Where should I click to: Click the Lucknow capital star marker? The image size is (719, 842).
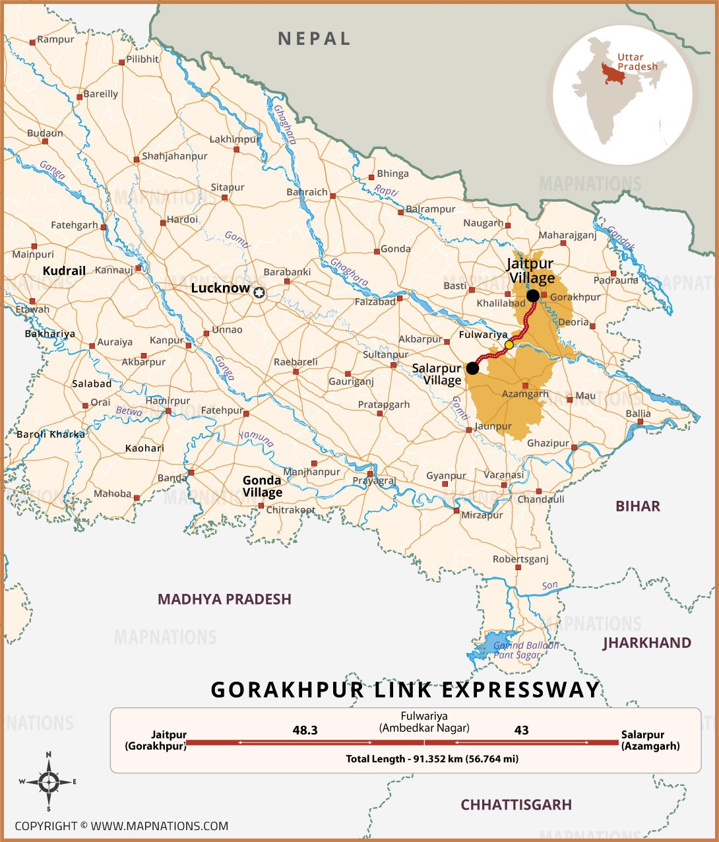pos(259,292)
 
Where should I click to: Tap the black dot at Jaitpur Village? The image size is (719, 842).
pos(533,295)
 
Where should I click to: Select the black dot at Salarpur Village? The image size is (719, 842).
pos(473,368)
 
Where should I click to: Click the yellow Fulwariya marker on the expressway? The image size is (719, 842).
pos(509,344)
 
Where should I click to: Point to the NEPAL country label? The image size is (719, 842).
pos(314,39)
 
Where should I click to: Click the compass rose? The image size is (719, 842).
pos(48,782)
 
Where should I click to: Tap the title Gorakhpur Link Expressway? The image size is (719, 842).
pos(405,690)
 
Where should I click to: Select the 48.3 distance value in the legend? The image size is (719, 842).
pos(305,730)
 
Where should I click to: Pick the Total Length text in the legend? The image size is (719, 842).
pos(431,759)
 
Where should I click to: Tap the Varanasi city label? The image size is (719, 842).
pos(503,475)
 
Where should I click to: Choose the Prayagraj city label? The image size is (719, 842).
pos(374,481)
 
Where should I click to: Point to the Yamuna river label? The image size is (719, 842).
pos(256,439)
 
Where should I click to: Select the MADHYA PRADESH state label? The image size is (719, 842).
pos(224,599)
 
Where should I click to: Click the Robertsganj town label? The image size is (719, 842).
pos(520,560)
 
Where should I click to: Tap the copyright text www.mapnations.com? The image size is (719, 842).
pos(121,826)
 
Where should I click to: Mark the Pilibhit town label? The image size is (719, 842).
pos(142,59)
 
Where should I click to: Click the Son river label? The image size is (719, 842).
pos(549,586)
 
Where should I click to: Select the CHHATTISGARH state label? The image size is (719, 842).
pos(516,804)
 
